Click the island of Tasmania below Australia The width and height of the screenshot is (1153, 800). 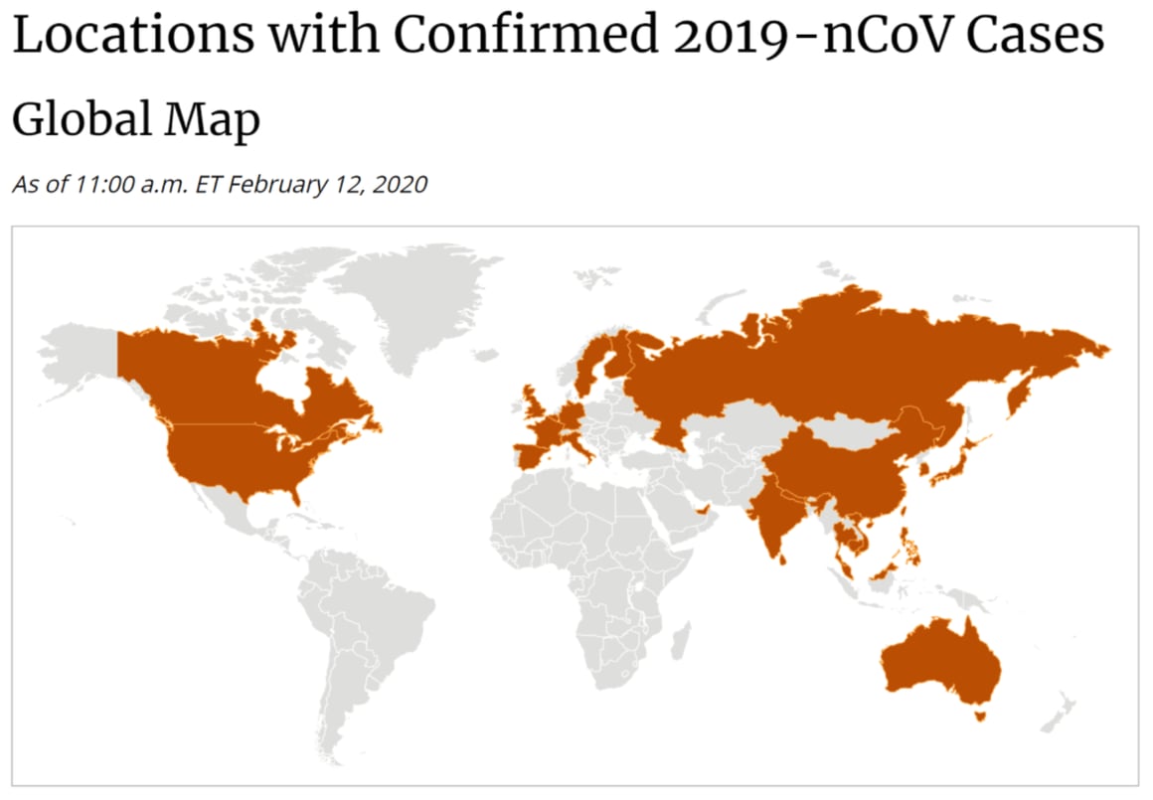(x=981, y=713)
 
